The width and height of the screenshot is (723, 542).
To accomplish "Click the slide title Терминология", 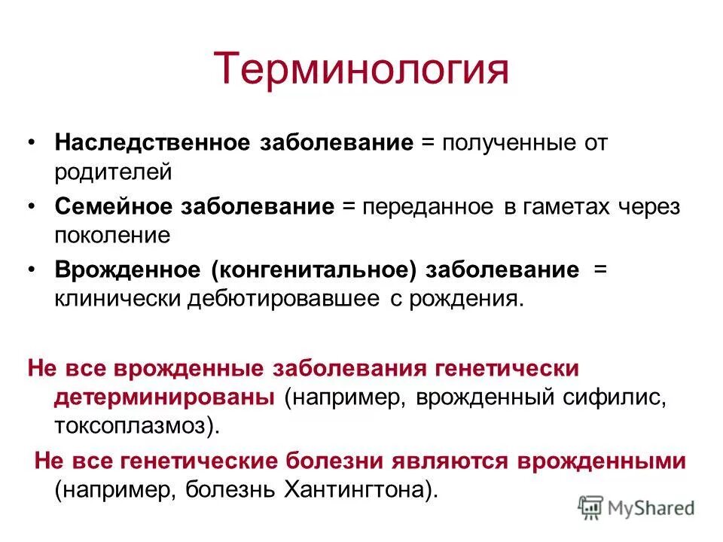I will coord(361,69).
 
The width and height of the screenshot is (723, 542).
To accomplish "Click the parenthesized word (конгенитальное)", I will coord(316,271).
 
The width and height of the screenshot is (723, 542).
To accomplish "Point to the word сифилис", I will coord(615,397).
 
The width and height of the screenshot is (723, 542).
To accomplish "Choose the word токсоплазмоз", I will coord(132,425).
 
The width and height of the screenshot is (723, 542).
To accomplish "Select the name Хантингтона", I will coord(354,490).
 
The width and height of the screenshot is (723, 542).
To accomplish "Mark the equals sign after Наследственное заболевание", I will coord(427,142).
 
